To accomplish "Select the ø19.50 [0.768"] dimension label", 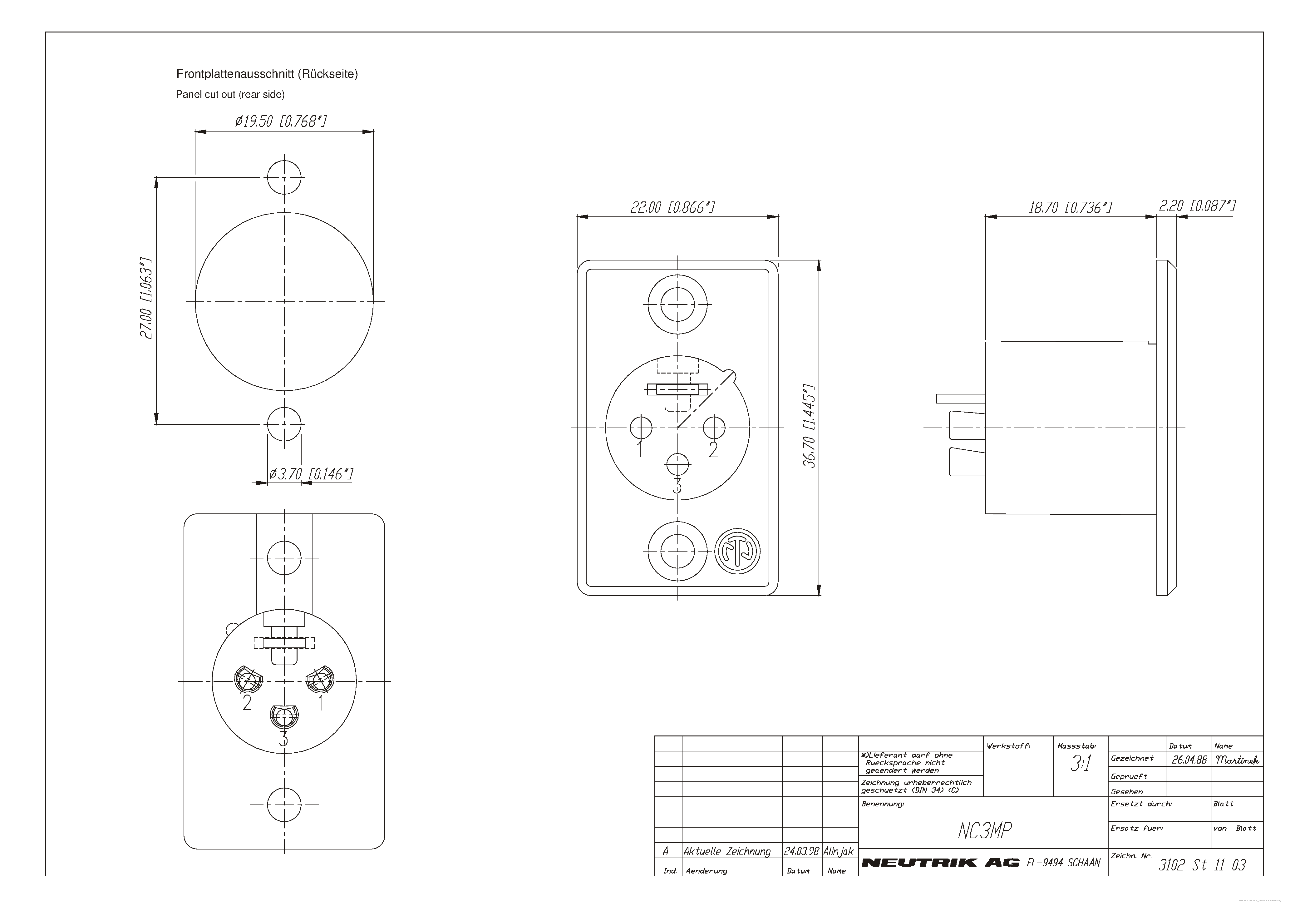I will pos(281,121).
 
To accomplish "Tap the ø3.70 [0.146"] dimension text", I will pos(311,474).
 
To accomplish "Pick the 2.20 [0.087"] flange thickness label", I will pos(1197,206).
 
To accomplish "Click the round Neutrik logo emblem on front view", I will pos(737,551).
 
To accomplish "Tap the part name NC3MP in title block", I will pos(984,831).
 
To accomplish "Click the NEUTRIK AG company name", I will pos(940,863).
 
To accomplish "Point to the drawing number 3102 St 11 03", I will pos(1202,865).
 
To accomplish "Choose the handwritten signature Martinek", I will pos(1237,760).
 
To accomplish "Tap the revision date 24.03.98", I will pos(802,851).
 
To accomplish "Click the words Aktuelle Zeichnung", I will pos(727,851).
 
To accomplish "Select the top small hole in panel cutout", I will pos(284,177).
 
